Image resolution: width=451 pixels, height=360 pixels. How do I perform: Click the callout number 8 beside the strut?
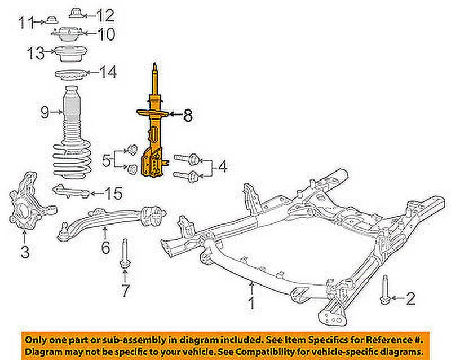[x=188, y=117]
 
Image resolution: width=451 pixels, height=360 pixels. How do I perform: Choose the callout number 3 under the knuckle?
[x=24, y=252]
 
